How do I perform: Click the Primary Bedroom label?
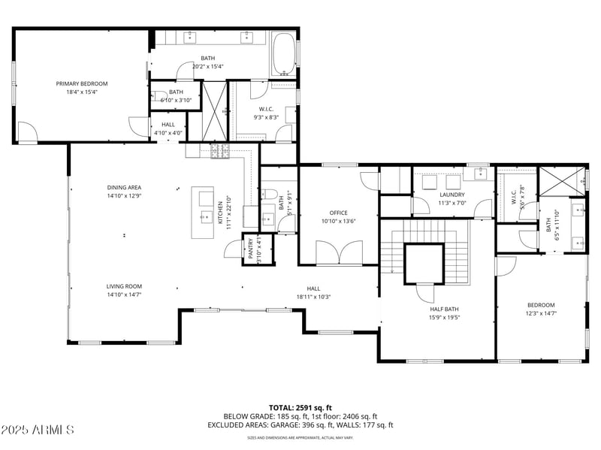pyautogui.click(x=82, y=83)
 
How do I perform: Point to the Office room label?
pyautogui.click(x=337, y=213)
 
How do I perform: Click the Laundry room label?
pyautogui.click(x=452, y=195)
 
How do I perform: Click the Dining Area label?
pyautogui.click(x=124, y=188)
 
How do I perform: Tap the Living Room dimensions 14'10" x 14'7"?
pyautogui.click(x=124, y=295)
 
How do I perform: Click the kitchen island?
pyautogui.click(x=203, y=213)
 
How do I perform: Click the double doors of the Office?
pyautogui.click(x=338, y=254)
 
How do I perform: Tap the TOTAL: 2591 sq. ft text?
pyautogui.click(x=300, y=406)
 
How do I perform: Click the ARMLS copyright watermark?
pyautogui.click(x=38, y=430)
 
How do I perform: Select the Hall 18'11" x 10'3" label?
pyautogui.click(x=313, y=292)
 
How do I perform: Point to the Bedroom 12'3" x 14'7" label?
pyautogui.click(x=540, y=309)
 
